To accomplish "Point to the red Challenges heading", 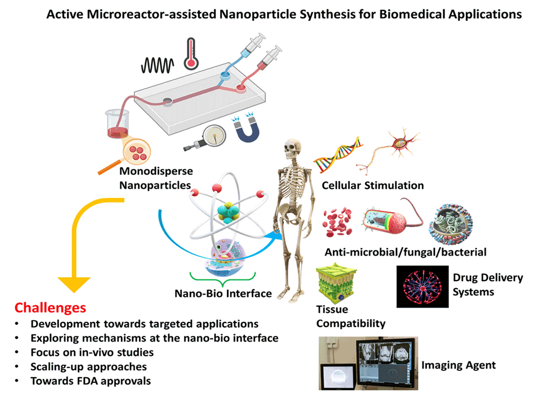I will tap(50, 307).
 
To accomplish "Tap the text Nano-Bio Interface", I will tap(223, 293).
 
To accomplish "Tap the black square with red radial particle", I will tap(422, 286).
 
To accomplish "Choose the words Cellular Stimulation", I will tap(373, 186).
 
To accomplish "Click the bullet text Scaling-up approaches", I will tap(88, 367).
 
